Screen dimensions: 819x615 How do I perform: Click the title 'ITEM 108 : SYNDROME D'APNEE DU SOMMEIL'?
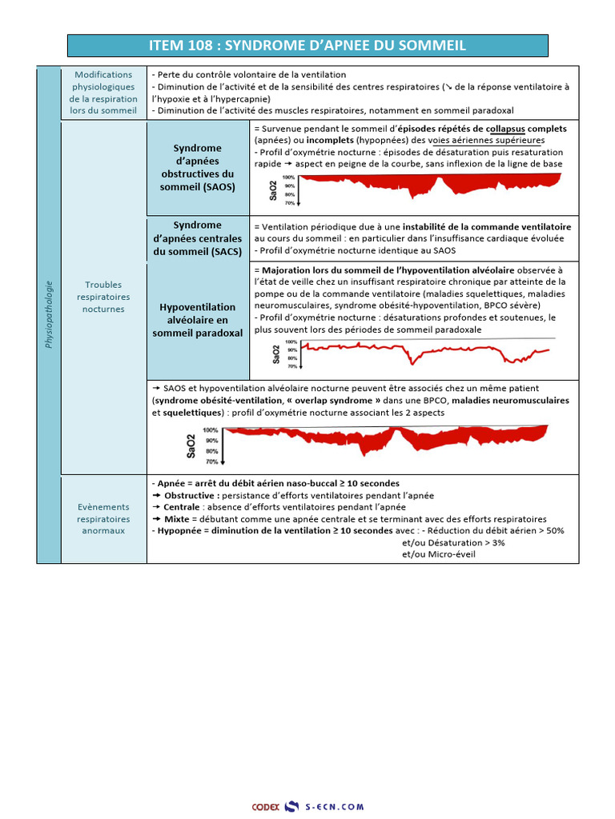pos(307,46)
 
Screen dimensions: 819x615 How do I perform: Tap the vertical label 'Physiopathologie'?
pos(49,314)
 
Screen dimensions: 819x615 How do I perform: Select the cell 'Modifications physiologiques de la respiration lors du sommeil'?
pos(103,93)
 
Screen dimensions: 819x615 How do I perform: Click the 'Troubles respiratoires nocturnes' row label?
pos(103,297)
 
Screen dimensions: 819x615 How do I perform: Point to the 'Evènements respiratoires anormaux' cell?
pos(103,518)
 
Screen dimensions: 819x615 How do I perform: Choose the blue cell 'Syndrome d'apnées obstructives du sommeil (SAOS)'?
pos(198,167)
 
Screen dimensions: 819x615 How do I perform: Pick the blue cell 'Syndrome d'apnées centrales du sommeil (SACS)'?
pos(198,239)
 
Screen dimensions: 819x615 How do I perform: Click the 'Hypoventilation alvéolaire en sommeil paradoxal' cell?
pos(198,320)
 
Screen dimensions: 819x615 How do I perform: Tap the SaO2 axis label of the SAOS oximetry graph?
pos(275,190)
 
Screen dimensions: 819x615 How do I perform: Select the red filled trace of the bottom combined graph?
pos(384,440)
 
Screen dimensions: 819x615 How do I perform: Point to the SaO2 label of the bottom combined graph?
pos(191,445)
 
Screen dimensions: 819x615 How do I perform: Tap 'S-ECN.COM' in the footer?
pos(334,807)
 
